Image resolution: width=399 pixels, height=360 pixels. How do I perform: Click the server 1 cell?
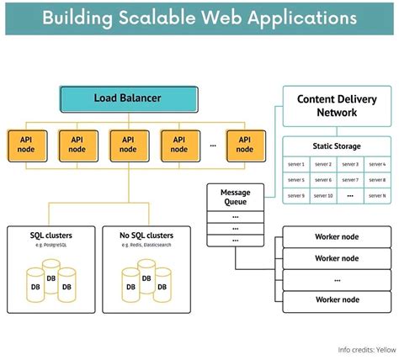point(295,164)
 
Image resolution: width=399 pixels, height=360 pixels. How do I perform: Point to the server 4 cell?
point(378,164)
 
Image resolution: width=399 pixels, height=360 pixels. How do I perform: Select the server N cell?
point(378,196)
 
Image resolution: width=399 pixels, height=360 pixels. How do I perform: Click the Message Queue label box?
point(230,197)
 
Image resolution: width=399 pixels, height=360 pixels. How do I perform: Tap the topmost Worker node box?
point(337,236)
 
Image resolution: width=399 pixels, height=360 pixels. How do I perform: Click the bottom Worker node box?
point(337,300)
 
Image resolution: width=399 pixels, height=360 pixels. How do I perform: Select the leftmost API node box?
point(24,144)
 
